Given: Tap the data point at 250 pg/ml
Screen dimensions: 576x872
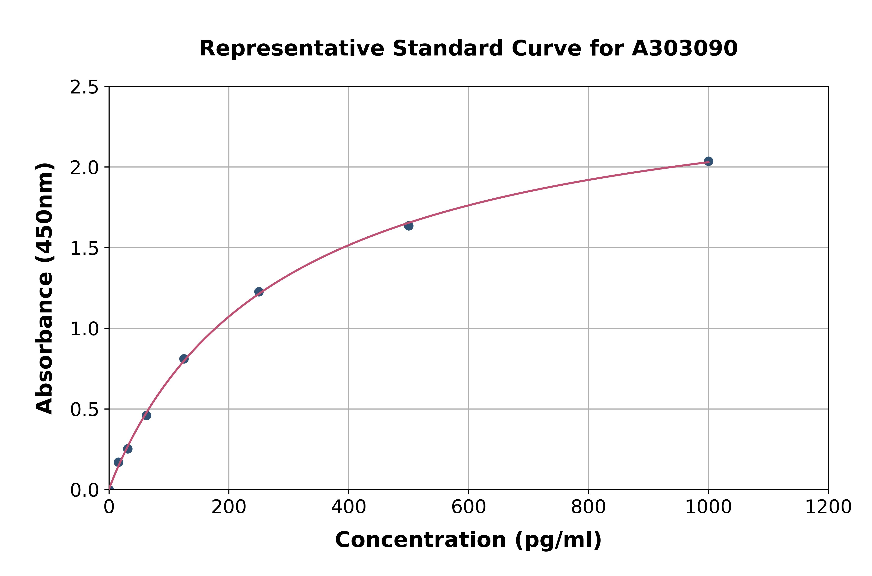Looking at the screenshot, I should tap(259, 292).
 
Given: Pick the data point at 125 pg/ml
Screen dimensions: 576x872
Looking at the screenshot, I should tap(184, 359).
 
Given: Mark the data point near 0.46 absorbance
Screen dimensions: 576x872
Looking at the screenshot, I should tap(146, 415).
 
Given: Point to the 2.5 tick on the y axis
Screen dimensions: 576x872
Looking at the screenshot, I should tap(84, 87).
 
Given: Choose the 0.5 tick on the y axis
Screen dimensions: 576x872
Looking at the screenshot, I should tap(84, 410).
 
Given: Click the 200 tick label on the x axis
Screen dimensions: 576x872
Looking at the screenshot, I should tap(229, 507).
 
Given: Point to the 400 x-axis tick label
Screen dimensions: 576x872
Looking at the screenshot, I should tap(349, 507).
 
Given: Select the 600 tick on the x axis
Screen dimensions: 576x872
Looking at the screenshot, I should tap(469, 507).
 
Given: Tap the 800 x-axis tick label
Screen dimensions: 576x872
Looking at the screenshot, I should tap(588, 507).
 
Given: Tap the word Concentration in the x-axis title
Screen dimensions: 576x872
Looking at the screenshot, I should tap(420, 540).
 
